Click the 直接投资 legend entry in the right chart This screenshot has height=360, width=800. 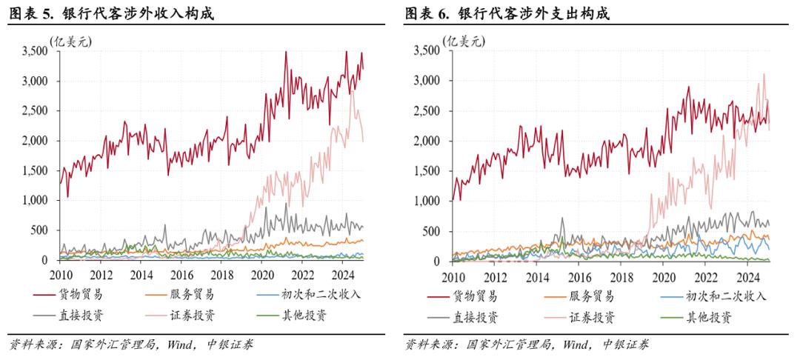pyautogui.click(x=475, y=318)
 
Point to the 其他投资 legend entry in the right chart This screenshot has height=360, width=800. pyautogui.click(x=707, y=318)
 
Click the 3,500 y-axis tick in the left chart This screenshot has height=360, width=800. pyautogui.click(x=36, y=51)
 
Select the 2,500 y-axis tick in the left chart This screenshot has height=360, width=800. pyautogui.click(x=36, y=111)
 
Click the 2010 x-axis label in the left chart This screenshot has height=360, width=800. pyautogui.click(x=60, y=274)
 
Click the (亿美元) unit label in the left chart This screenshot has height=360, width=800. pyautogui.click(x=70, y=41)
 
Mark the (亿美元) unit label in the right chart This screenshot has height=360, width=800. pyautogui.click(x=465, y=41)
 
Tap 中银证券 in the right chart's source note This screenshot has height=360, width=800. pyautogui.click(x=624, y=344)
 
